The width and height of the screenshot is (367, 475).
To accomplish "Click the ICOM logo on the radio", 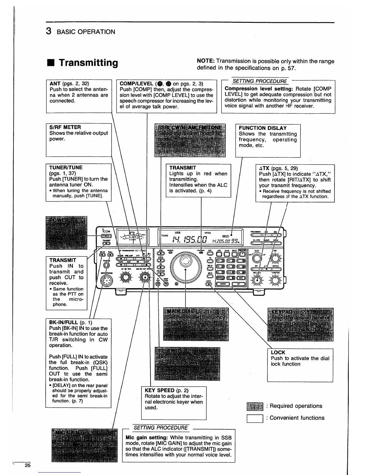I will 106,231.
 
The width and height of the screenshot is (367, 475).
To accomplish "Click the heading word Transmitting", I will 88,63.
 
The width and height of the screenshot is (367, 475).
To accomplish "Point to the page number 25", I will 28,466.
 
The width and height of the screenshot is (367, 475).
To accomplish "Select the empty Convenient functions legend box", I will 255,418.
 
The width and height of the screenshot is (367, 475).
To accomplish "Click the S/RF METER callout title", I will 65,127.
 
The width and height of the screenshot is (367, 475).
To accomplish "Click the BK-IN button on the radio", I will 103,255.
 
